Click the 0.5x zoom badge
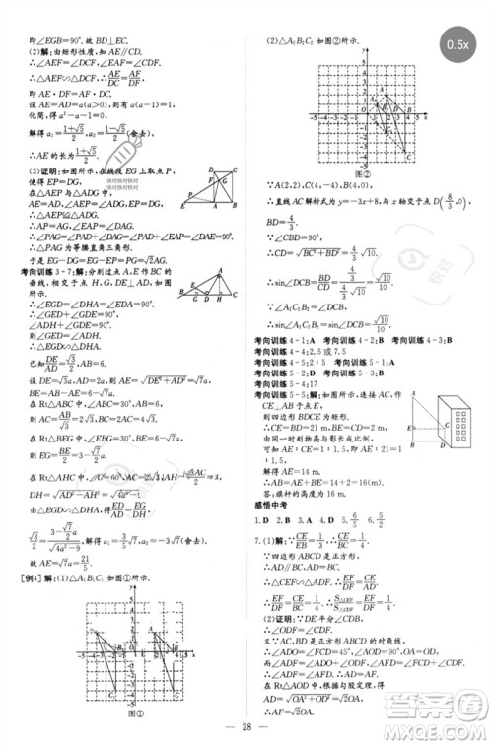point(455,46)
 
